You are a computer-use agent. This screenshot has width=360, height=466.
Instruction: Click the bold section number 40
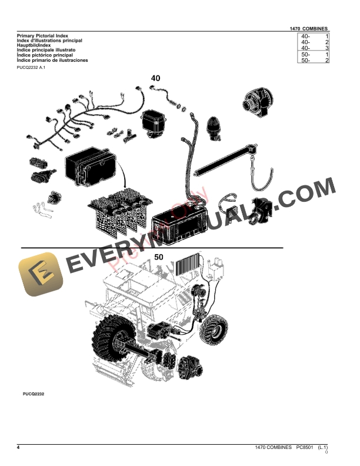coord(155,78)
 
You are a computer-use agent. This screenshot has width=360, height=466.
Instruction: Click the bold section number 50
coord(159,257)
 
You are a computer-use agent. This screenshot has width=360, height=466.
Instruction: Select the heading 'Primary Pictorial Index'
coord(42,36)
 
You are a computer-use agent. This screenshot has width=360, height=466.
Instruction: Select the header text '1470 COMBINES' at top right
coord(309,29)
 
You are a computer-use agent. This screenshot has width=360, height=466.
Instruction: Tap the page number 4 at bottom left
coord(18,448)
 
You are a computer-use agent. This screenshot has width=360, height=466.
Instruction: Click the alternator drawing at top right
coord(256,105)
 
